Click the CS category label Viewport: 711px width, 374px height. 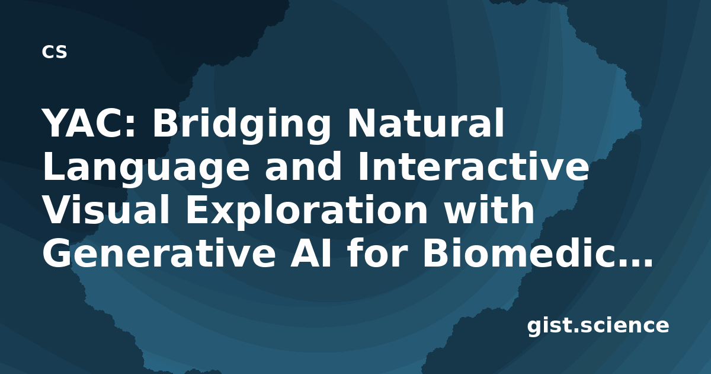(x=55, y=52)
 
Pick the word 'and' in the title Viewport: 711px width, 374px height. (x=303, y=166)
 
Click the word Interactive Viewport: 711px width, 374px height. (x=473, y=166)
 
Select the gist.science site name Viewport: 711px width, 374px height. (x=598, y=327)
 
